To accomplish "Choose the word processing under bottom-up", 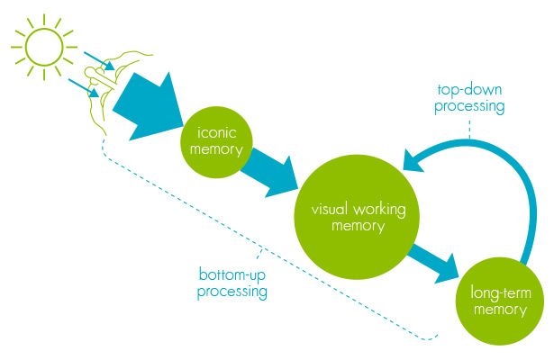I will click(233, 291).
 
